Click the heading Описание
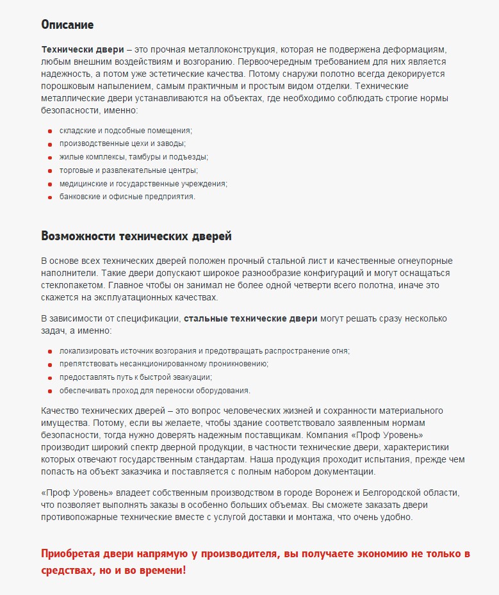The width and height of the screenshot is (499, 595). pos(67,25)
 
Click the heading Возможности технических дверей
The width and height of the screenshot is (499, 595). pos(136,236)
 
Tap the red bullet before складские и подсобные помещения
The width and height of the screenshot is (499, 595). pos(50,130)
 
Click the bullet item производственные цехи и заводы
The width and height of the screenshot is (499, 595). pos(122,143)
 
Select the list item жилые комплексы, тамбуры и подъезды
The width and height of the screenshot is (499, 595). pos(134,157)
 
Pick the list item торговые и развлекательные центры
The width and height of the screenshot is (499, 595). pos(128,170)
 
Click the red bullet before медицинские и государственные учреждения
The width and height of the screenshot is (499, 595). pos(50,184)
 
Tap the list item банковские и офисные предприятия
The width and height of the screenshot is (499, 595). pos(127,197)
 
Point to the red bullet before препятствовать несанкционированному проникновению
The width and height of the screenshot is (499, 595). pos(50,364)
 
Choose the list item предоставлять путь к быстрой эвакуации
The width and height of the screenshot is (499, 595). pos(135,377)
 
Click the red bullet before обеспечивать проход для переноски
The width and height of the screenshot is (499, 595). pos(50,391)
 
